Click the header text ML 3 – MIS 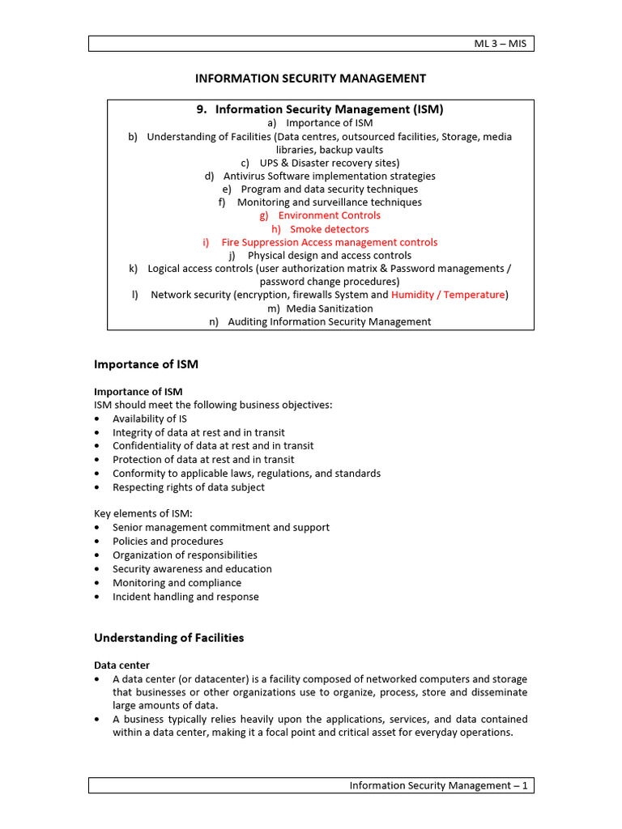[500, 43]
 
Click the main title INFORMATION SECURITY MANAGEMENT [310, 79]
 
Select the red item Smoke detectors [329, 229]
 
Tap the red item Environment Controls [329, 215]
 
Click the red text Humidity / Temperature [448, 295]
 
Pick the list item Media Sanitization [329, 308]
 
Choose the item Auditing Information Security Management [329, 321]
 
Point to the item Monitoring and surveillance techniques [329, 202]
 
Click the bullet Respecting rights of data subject [188, 487]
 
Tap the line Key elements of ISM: [143, 513]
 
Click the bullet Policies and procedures [168, 541]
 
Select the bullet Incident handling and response [185, 597]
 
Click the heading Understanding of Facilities [168, 638]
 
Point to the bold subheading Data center [121, 665]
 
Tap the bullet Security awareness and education [192, 568]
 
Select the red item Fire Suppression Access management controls [329, 242]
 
